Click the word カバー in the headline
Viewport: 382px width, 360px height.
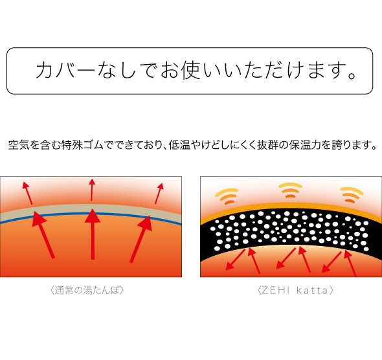[65, 71]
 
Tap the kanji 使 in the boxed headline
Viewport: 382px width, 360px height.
[191, 70]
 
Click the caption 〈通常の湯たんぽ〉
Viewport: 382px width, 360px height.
[87, 290]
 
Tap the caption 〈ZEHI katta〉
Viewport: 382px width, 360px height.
[295, 290]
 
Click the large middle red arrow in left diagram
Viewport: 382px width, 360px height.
[93, 234]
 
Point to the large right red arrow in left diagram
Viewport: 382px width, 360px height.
[140, 239]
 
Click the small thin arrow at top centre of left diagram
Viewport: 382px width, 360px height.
[92, 190]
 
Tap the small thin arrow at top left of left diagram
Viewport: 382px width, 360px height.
[27, 193]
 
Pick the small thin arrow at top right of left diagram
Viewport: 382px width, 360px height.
[159, 194]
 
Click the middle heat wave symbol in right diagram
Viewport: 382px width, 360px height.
[290, 190]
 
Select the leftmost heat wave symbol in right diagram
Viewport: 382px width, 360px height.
[227, 196]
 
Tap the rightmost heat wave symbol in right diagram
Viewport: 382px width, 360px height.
[352, 195]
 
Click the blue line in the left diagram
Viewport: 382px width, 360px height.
[91, 214]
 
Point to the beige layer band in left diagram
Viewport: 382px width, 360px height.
[91, 209]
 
